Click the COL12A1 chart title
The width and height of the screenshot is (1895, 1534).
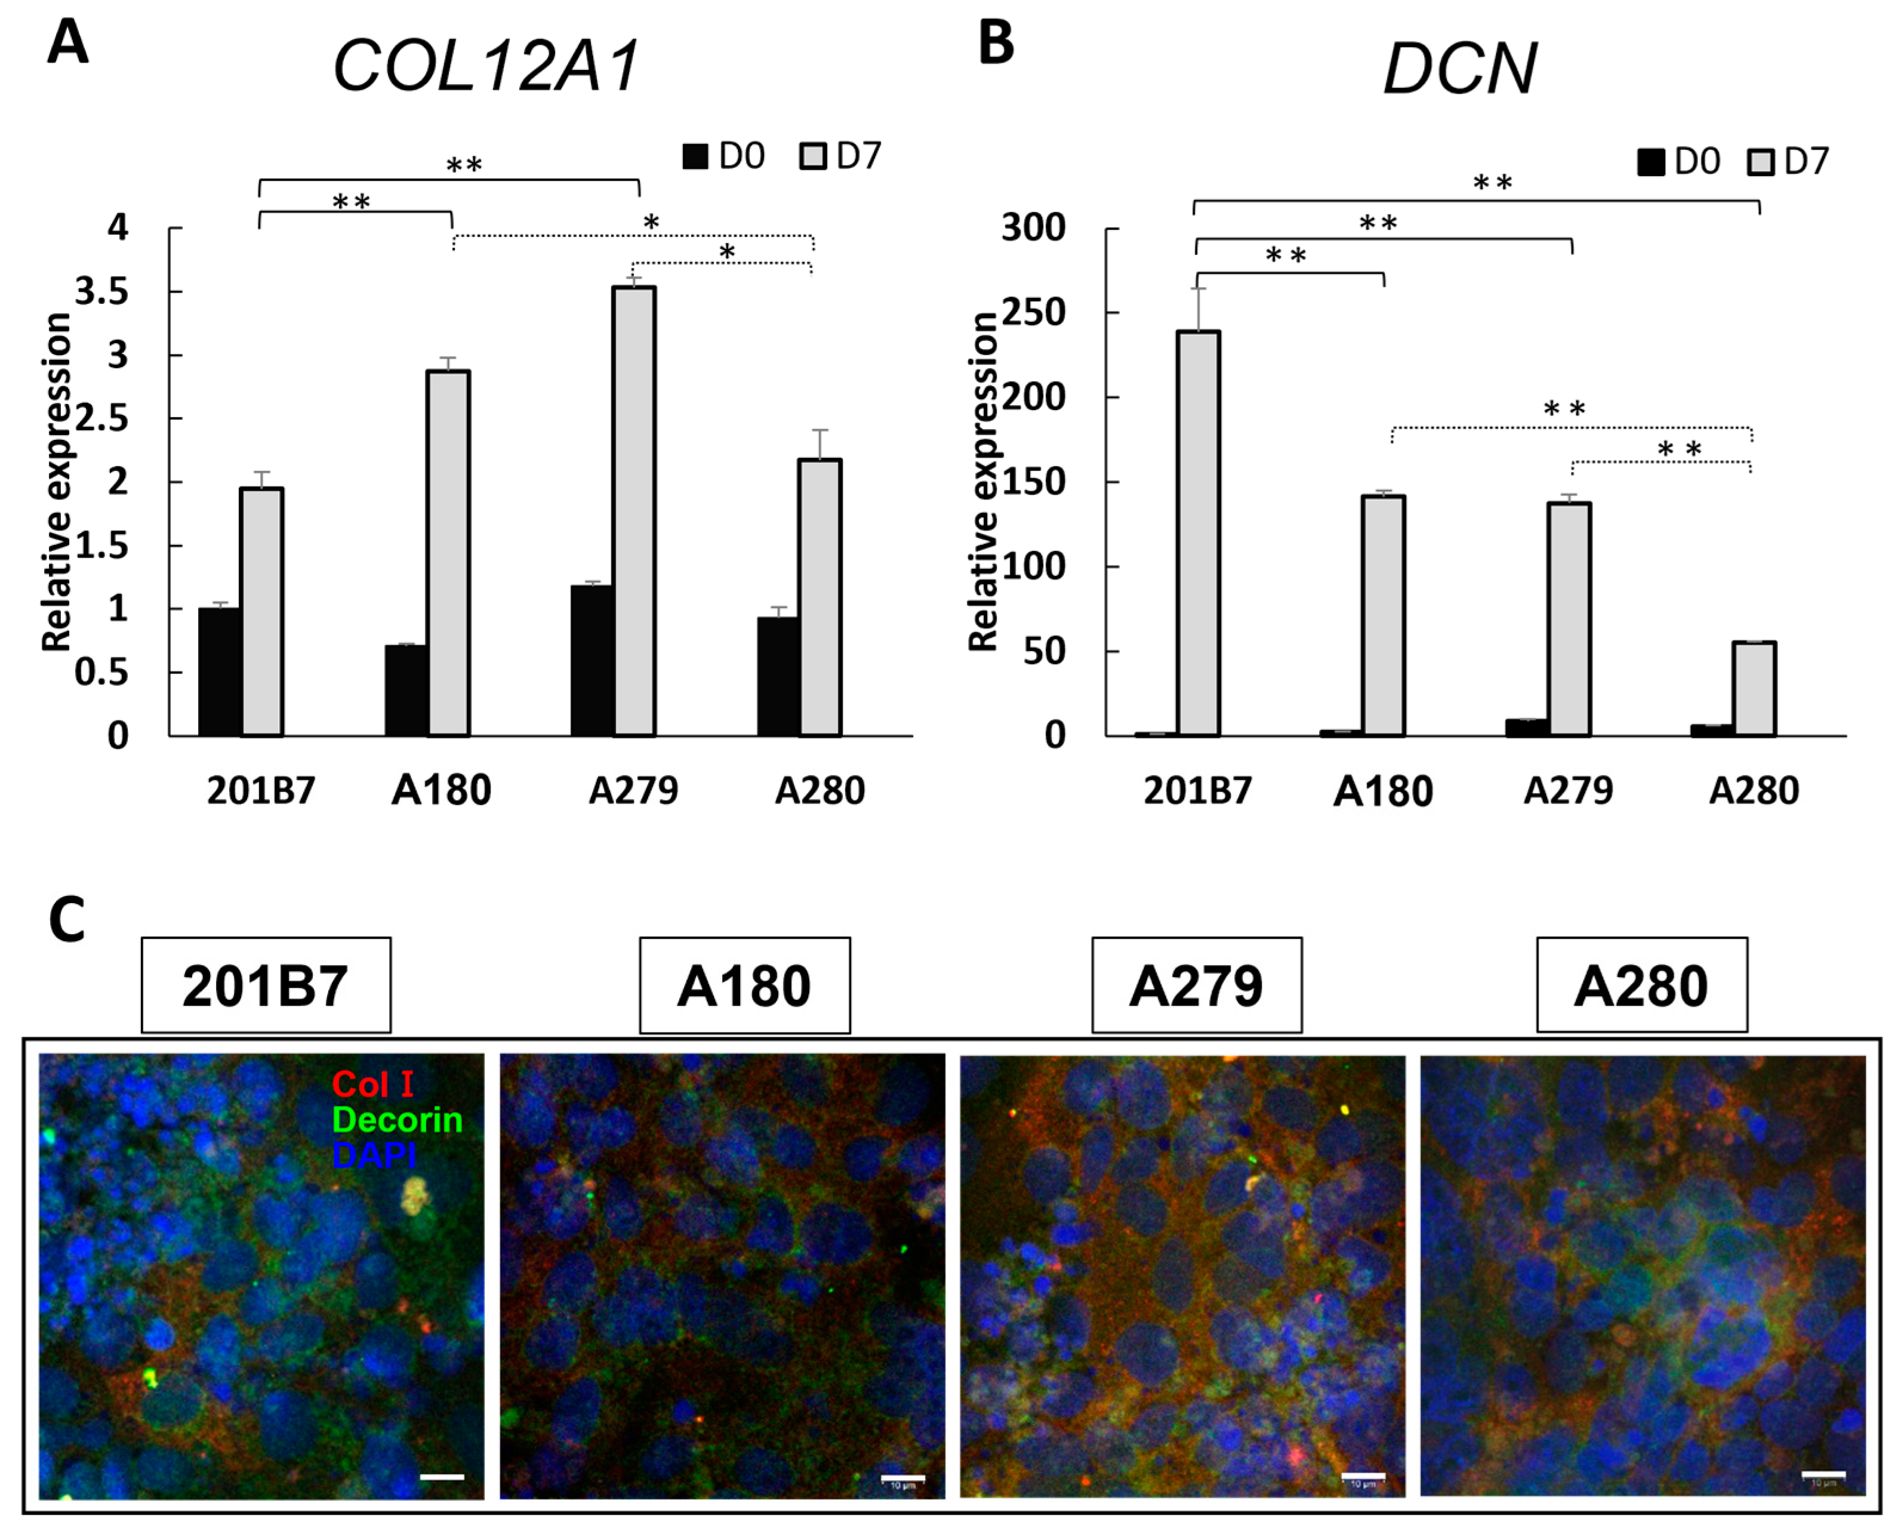pyautogui.click(x=485, y=66)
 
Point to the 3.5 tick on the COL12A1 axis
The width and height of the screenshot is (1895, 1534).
pyautogui.click(x=101, y=292)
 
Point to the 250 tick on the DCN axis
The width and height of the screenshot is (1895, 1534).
pyautogui.click(x=1034, y=312)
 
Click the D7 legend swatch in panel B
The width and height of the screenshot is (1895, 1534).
pyautogui.click(x=1761, y=162)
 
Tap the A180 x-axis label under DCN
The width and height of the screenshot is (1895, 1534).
pyautogui.click(x=1382, y=791)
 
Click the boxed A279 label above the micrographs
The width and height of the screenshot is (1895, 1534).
pyautogui.click(x=1196, y=985)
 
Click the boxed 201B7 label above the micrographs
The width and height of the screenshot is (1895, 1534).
pyautogui.click(x=265, y=985)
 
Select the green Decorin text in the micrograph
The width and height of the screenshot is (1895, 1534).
pyautogui.click(x=398, y=1120)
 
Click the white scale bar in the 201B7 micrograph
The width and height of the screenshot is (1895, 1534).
pyautogui.click(x=442, y=1477)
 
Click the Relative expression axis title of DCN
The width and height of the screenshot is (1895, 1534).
pyautogui.click(x=983, y=482)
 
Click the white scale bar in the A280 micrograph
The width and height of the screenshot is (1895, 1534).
pyautogui.click(x=1823, y=1474)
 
